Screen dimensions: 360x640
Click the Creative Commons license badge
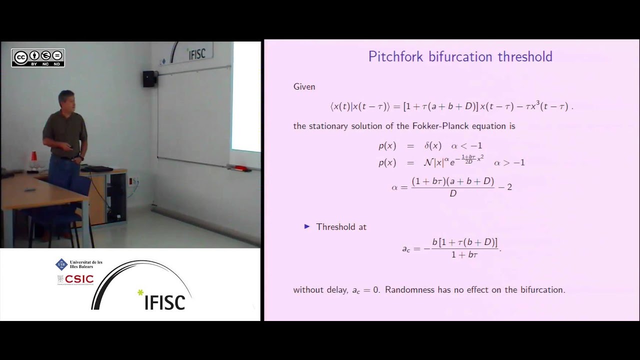tap(38, 57)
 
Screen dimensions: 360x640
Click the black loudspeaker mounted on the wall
tap(149, 78)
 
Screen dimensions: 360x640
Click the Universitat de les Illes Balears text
tap(86, 264)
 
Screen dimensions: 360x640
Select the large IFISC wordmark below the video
tap(164, 301)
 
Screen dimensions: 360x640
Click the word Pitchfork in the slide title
tap(396, 56)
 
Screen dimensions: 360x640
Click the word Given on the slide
tap(304, 86)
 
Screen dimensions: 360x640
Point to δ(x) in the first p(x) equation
tap(432, 146)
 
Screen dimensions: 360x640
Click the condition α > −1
tap(509, 162)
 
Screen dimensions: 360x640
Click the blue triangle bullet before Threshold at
tap(307, 226)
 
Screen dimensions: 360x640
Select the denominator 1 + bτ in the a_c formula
tap(464, 255)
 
